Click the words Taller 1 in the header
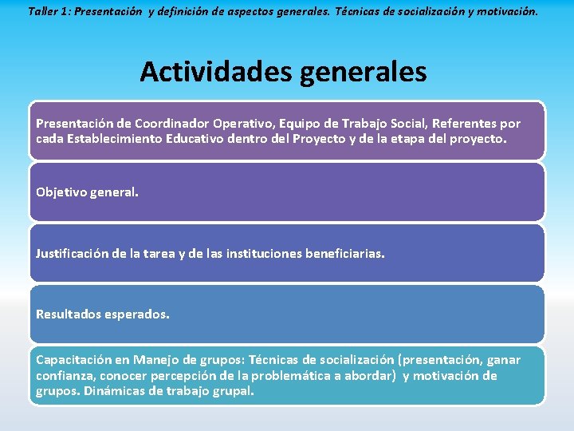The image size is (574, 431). pyautogui.click(x=47, y=12)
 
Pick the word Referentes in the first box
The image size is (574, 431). pyautogui.click(x=466, y=124)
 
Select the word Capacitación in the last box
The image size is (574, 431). pyautogui.click(x=77, y=360)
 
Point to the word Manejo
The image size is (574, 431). pyautogui.click(x=157, y=360)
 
